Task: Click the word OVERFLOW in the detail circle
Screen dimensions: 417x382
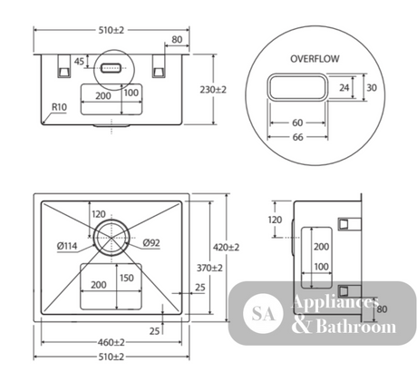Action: [315, 59]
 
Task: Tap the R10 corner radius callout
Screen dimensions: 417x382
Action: [59, 107]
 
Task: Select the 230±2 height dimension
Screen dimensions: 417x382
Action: [213, 90]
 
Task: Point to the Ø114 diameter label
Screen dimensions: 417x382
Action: [67, 246]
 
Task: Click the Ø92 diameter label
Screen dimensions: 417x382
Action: [151, 242]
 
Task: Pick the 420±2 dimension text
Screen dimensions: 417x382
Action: [226, 248]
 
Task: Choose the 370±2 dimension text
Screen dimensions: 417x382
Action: [209, 268]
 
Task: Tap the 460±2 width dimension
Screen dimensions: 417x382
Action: [112, 342]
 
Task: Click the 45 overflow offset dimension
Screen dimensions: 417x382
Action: [79, 62]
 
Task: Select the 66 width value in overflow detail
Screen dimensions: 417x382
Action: [297, 137]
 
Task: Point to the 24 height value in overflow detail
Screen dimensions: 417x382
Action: [344, 87]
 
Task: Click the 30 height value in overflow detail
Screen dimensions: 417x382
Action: [372, 87]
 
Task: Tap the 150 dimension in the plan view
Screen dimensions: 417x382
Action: [127, 278]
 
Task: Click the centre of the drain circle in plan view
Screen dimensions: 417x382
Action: [112, 238]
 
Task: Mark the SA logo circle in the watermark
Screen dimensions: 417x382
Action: [263, 314]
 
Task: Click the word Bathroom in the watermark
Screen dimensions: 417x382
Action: [356, 327]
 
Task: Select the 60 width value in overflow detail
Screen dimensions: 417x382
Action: [297, 122]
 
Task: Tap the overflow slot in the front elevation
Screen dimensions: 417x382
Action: [112, 68]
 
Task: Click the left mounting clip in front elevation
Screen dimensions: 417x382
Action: [63, 66]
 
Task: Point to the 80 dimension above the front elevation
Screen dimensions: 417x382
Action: [177, 40]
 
